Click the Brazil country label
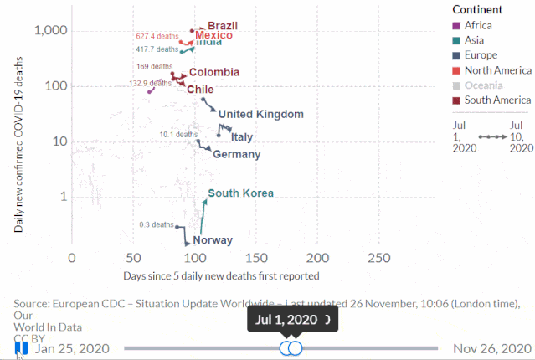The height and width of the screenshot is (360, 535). coord(222,26)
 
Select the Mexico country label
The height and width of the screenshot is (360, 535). coord(213,35)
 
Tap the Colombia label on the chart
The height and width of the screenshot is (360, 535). coord(213,73)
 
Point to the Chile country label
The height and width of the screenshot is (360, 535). coord(200,89)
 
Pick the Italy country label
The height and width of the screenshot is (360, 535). coord(242,136)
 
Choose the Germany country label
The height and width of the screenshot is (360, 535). coord(236,154)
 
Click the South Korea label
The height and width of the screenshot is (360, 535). coord(240,193)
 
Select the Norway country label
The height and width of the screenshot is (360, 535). coord(213,240)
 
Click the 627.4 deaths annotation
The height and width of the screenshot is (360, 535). coord(156,37)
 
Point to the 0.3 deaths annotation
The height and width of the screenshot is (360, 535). coord(157,224)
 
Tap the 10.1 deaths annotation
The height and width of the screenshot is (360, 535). coord(178,134)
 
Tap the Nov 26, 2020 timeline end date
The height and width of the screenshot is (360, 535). coord(492,348)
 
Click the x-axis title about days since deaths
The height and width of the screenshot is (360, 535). coord(221,275)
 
